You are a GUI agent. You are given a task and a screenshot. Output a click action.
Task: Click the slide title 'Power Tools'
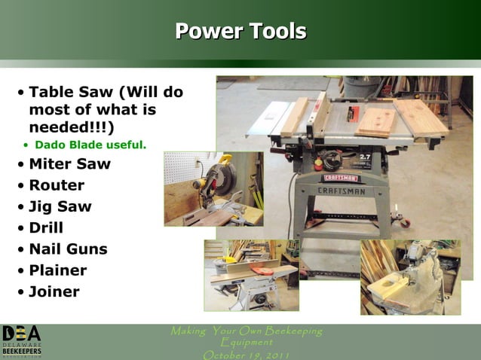click(240, 32)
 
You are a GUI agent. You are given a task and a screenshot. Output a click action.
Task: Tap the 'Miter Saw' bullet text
click(69, 163)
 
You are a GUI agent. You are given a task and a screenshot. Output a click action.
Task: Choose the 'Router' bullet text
click(57, 185)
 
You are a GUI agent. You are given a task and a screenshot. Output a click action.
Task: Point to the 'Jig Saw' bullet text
click(60, 206)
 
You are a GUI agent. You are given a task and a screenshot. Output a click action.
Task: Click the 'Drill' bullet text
click(46, 227)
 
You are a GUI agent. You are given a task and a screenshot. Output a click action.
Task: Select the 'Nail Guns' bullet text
click(68, 249)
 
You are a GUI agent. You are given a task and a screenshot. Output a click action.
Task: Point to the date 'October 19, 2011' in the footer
click(246, 354)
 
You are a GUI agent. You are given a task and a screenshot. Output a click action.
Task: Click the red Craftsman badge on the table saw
click(341, 178)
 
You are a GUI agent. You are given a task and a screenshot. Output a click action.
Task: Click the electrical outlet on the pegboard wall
click(198, 162)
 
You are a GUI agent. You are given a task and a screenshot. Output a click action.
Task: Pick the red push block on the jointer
click(261, 269)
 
